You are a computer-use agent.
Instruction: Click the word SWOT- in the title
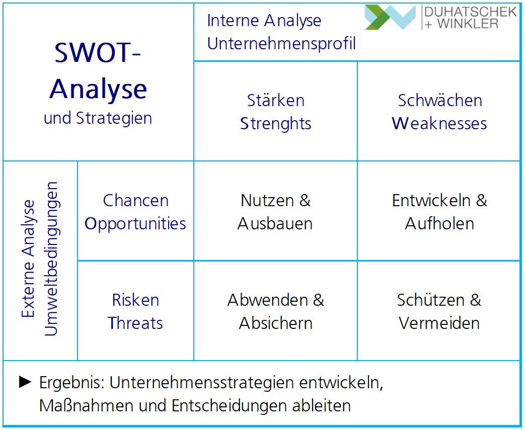pyautogui.click(x=98, y=52)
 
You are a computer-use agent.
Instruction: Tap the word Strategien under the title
pyautogui.click(x=114, y=119)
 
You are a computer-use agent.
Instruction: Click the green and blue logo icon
pyautogui.click(x=391, y=17)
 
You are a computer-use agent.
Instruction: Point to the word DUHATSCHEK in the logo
pyautogui.click(x=471, y=12)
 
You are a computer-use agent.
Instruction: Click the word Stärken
pyautogui.click(x=276, y=101)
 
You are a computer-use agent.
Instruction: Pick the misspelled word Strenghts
pyautogui.click(x=276, y=124)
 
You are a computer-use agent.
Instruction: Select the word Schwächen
pyautogui.click(x=440, y=101)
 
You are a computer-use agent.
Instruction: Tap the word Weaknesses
pyautogui.click(x=439, y=124)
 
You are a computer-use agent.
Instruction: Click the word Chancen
pyautogui.click(x=135, y=201)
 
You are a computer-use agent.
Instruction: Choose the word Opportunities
pyautogui.click(x=135, y=224)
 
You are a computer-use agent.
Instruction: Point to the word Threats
pyautogui.click(x=135, y=323)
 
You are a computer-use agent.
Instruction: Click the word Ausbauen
pyautogui.click(x=275, y=224)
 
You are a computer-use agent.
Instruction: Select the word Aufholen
pyautogui.click(x=439, y=224)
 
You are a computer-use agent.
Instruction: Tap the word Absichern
pyautogui.click(x=275, y=323)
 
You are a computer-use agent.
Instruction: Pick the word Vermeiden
pyautogui.click(x=439, y=323)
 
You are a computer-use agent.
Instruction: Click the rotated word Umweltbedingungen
pyautogui.click(x=51, y=259)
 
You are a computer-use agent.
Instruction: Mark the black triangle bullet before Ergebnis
pyautogui.click(x=25, y=382)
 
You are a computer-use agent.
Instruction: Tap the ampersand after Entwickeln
pyautogui.click(x=481, y=201)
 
